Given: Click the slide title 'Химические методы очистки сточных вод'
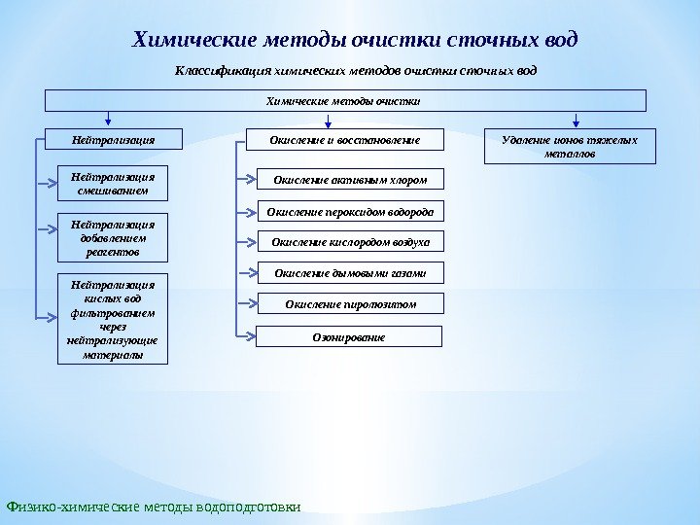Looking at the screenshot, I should [355, 40].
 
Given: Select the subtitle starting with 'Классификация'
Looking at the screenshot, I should [355, 71].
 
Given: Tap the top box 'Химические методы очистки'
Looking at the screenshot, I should [346, 100].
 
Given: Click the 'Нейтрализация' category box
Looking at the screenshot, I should [113, 141].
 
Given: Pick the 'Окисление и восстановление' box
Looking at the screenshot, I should [345, 141].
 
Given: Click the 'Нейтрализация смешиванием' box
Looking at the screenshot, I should [113, 184].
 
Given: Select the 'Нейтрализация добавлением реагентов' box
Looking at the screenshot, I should [113, 237].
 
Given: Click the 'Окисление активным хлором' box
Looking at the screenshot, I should [350, 179].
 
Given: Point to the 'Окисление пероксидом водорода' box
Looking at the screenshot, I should [350, 210].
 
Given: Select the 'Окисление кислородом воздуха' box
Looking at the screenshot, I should [350, 241].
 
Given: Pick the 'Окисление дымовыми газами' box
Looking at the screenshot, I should [350, 273].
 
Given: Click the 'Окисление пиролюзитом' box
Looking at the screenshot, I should [350, 304].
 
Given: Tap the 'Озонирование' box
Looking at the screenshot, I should [350, 336].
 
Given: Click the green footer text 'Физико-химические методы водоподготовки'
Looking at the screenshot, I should [154, 507].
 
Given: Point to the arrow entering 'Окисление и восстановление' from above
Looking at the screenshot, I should [327, 121].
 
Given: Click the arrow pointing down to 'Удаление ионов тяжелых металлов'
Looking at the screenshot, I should [577, 121].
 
